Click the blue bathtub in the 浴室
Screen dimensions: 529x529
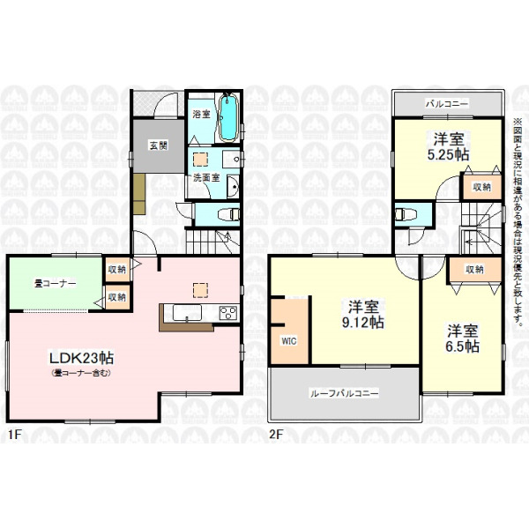click(x=229, y=118)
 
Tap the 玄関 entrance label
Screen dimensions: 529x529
click(x=159, y=145)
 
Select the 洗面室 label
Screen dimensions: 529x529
click(x=206, y=178)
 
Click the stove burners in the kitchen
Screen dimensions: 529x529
click(x=228, y=313)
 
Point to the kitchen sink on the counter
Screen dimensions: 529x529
click(x=187, y=313)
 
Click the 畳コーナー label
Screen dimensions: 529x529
click(x=55, y=283)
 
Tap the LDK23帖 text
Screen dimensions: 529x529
click(x=82, y=358)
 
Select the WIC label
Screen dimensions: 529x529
click(x=289, y=341)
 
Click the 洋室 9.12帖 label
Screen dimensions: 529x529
click(x=363, y=315)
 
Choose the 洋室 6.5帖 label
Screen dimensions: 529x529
click(x=463, y=339)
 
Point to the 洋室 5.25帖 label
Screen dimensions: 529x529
click(x=449, y=146)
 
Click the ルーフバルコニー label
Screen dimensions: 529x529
click(x=344, y=393)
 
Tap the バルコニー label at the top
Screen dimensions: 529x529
click(x=447, y=103)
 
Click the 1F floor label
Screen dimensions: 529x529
click(x=15, y=434)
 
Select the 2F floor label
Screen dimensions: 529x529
click(x=276, y=434)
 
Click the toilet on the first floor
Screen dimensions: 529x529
click(x=228, y=214)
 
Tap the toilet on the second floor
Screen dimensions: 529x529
click(x=406, y=214)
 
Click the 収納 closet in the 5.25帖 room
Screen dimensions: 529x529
click(x=481, y=187)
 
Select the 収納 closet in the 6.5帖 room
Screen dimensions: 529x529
click(x=474, y=270)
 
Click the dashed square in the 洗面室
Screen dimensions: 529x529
click(x=200, y=160)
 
